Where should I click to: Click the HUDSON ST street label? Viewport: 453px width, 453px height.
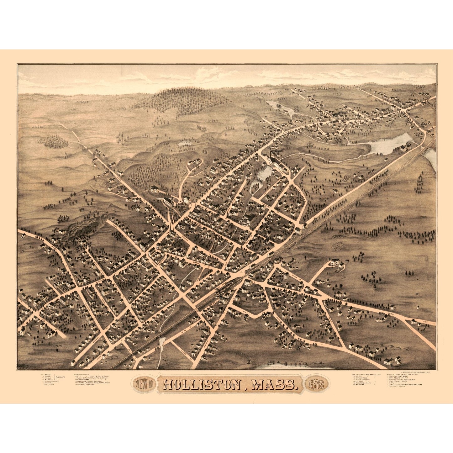187,353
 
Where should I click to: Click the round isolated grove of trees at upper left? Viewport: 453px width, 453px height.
52,142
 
